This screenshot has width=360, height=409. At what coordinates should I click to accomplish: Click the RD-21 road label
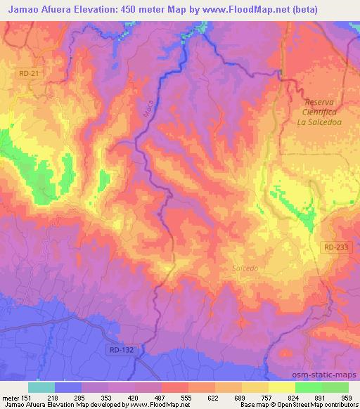click(x=27, y=72)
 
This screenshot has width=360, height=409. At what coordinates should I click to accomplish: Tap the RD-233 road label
click(x=336, y=247)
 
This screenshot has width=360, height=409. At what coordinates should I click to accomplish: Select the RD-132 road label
click(x=121, y=349)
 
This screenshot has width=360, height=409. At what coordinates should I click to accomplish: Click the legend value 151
click(x=27, y=397)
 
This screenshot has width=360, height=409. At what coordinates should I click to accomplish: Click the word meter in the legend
click(x=10, y=397)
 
